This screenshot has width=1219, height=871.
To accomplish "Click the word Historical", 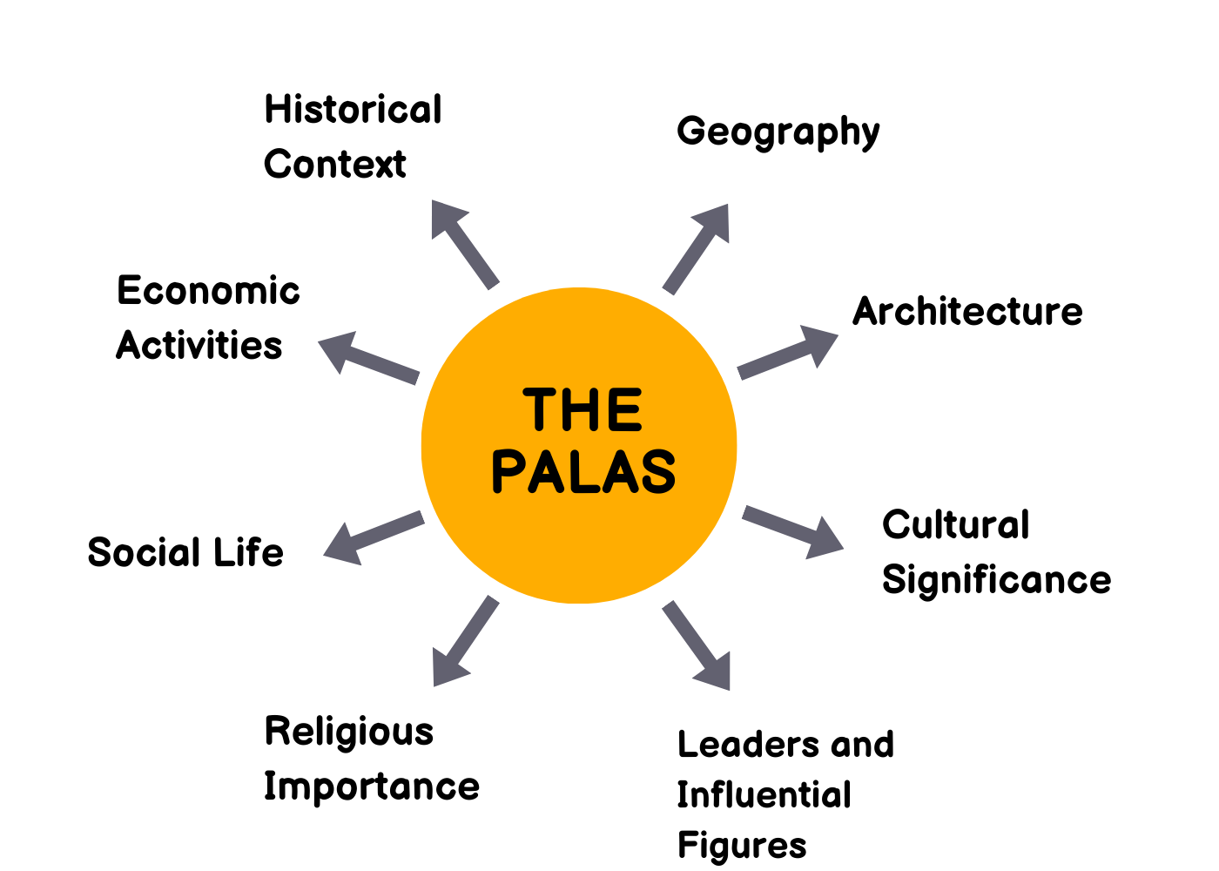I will coord(354,111).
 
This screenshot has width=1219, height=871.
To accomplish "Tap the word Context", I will coord(335,165).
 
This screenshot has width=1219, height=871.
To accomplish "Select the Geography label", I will coord(778,132).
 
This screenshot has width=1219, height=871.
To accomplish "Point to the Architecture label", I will coord(967,312).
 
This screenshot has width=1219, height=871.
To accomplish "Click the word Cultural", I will coord(956,525).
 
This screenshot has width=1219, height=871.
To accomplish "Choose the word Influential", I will coord(764,795).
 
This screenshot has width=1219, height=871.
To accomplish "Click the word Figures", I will coord(742,846).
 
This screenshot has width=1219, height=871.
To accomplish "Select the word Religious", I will coord(349,733).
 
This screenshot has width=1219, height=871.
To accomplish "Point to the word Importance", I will coord(372,787).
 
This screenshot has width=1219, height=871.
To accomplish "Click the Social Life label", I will coord(185,553).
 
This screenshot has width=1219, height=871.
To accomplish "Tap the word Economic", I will coord(208,291).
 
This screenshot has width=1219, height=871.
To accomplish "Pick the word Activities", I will coord(199,346).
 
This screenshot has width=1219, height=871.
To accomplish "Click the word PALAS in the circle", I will coord(583,472).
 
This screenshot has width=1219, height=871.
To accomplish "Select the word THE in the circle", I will coord(583,410).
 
